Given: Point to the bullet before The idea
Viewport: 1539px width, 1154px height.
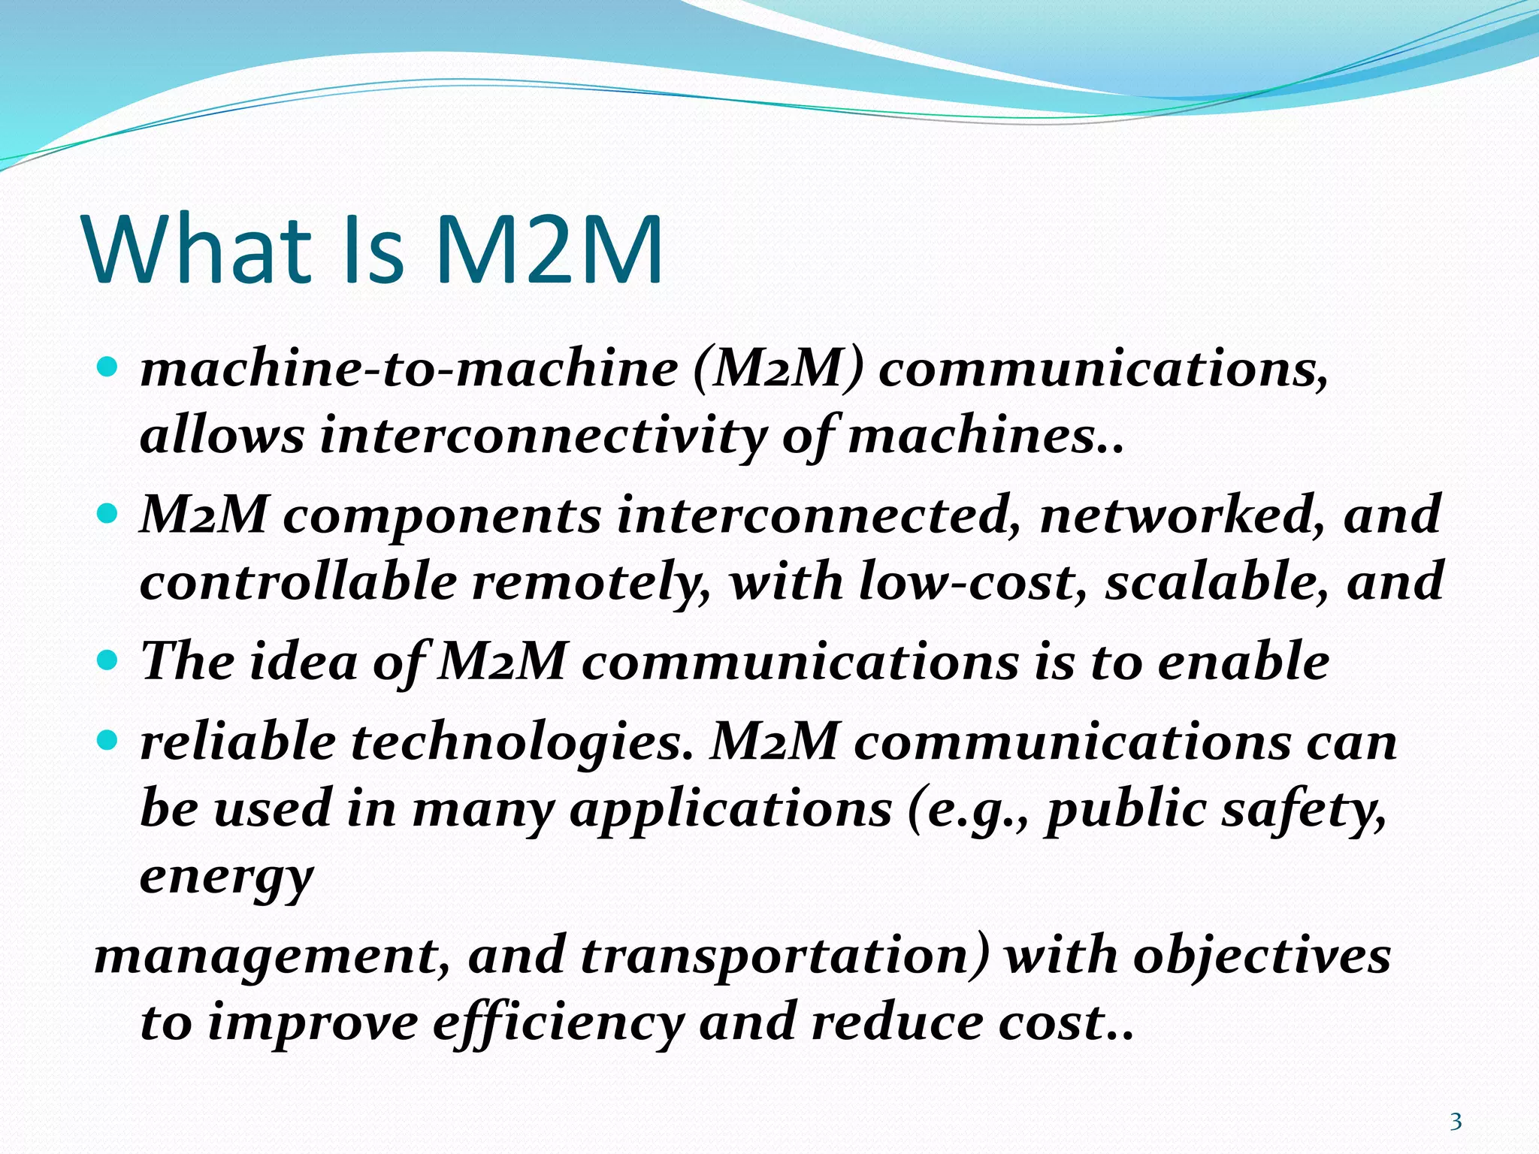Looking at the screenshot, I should [x=108, y=661].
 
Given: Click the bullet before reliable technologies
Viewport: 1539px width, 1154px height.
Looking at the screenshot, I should [x=108, y=742].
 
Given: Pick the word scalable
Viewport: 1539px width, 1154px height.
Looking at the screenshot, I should [x=1217, y=582].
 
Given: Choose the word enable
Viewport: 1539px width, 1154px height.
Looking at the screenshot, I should [x=1244, y=661].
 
